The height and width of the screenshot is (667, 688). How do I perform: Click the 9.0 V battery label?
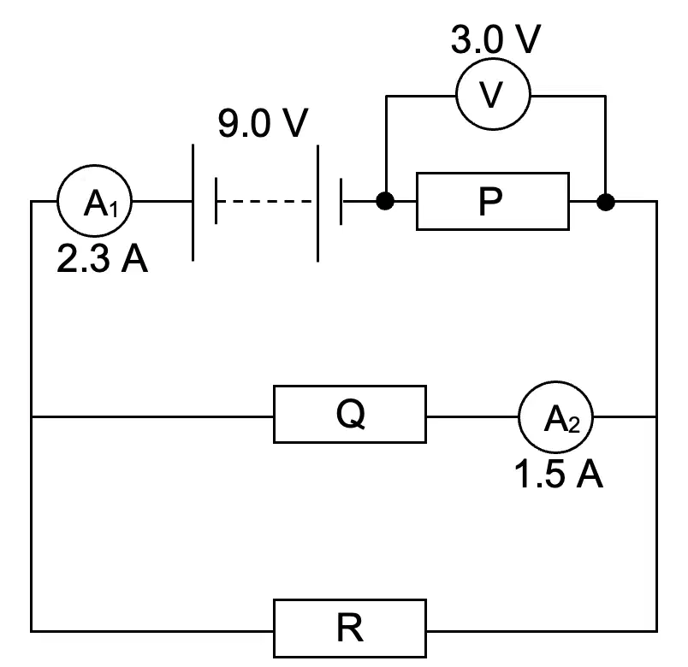click(263, 123)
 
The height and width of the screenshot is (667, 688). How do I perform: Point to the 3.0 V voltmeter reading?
click(495, 39)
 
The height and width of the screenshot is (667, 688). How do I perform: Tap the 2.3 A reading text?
click(102, 259)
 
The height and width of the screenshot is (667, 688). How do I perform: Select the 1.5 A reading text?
click(558, 474)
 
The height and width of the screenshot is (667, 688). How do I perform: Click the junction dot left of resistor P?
click(385, 201)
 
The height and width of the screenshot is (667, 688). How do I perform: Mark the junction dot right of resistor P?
click(606, 202)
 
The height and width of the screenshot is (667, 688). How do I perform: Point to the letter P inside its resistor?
click(490, 202)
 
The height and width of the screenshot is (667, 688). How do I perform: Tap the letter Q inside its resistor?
click(351, 415)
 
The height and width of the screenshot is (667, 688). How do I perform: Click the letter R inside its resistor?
click(350, 628)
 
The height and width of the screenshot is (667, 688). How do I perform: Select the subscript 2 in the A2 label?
click(574, 425)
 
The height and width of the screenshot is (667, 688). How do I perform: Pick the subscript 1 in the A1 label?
click(114, 210)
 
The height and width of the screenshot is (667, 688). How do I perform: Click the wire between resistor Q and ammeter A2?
click(472, 416)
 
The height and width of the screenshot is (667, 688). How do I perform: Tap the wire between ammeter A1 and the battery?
click(162, 201)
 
